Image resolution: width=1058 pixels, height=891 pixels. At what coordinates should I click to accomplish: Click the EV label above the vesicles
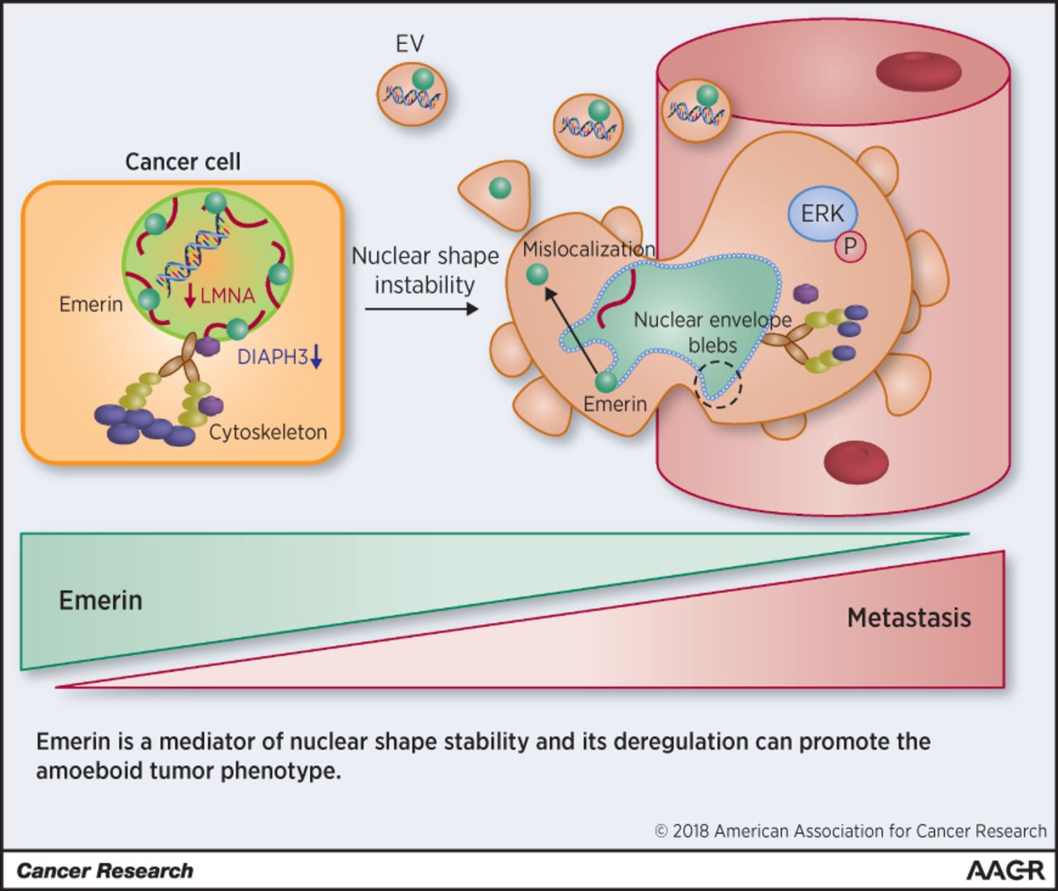coord(409,43)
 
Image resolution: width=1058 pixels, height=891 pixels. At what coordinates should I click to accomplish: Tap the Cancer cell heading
coord(183,161)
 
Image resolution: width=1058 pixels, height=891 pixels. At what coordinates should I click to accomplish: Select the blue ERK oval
coord(822,213)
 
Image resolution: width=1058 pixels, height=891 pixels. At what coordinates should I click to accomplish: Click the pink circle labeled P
coord(849,247)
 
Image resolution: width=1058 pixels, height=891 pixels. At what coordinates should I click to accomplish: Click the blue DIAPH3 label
coord(273,357)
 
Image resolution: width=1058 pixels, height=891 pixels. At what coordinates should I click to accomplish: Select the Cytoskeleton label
coord(268,432)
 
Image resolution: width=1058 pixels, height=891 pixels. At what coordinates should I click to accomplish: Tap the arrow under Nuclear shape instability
coord(422,309)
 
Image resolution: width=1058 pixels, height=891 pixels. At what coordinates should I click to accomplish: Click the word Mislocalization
coord(589,249)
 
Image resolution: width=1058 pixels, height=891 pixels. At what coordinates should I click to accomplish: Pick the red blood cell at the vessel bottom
coord(856,462)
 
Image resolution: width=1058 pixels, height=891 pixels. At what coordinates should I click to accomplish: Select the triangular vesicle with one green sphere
coord(497,192)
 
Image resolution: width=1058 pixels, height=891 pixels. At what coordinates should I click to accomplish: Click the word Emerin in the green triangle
coord(101,600)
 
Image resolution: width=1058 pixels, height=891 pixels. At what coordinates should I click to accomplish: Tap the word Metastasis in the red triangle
coord(908,618)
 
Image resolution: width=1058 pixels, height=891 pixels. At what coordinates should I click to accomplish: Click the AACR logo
coord(1004,870)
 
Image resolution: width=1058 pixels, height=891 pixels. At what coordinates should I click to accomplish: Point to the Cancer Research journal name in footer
coord(104,871)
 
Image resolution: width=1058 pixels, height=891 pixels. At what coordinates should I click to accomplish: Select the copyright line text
coord(851,831)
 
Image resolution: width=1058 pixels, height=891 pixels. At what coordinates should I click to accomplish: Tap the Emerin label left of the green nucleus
coord(91,304)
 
